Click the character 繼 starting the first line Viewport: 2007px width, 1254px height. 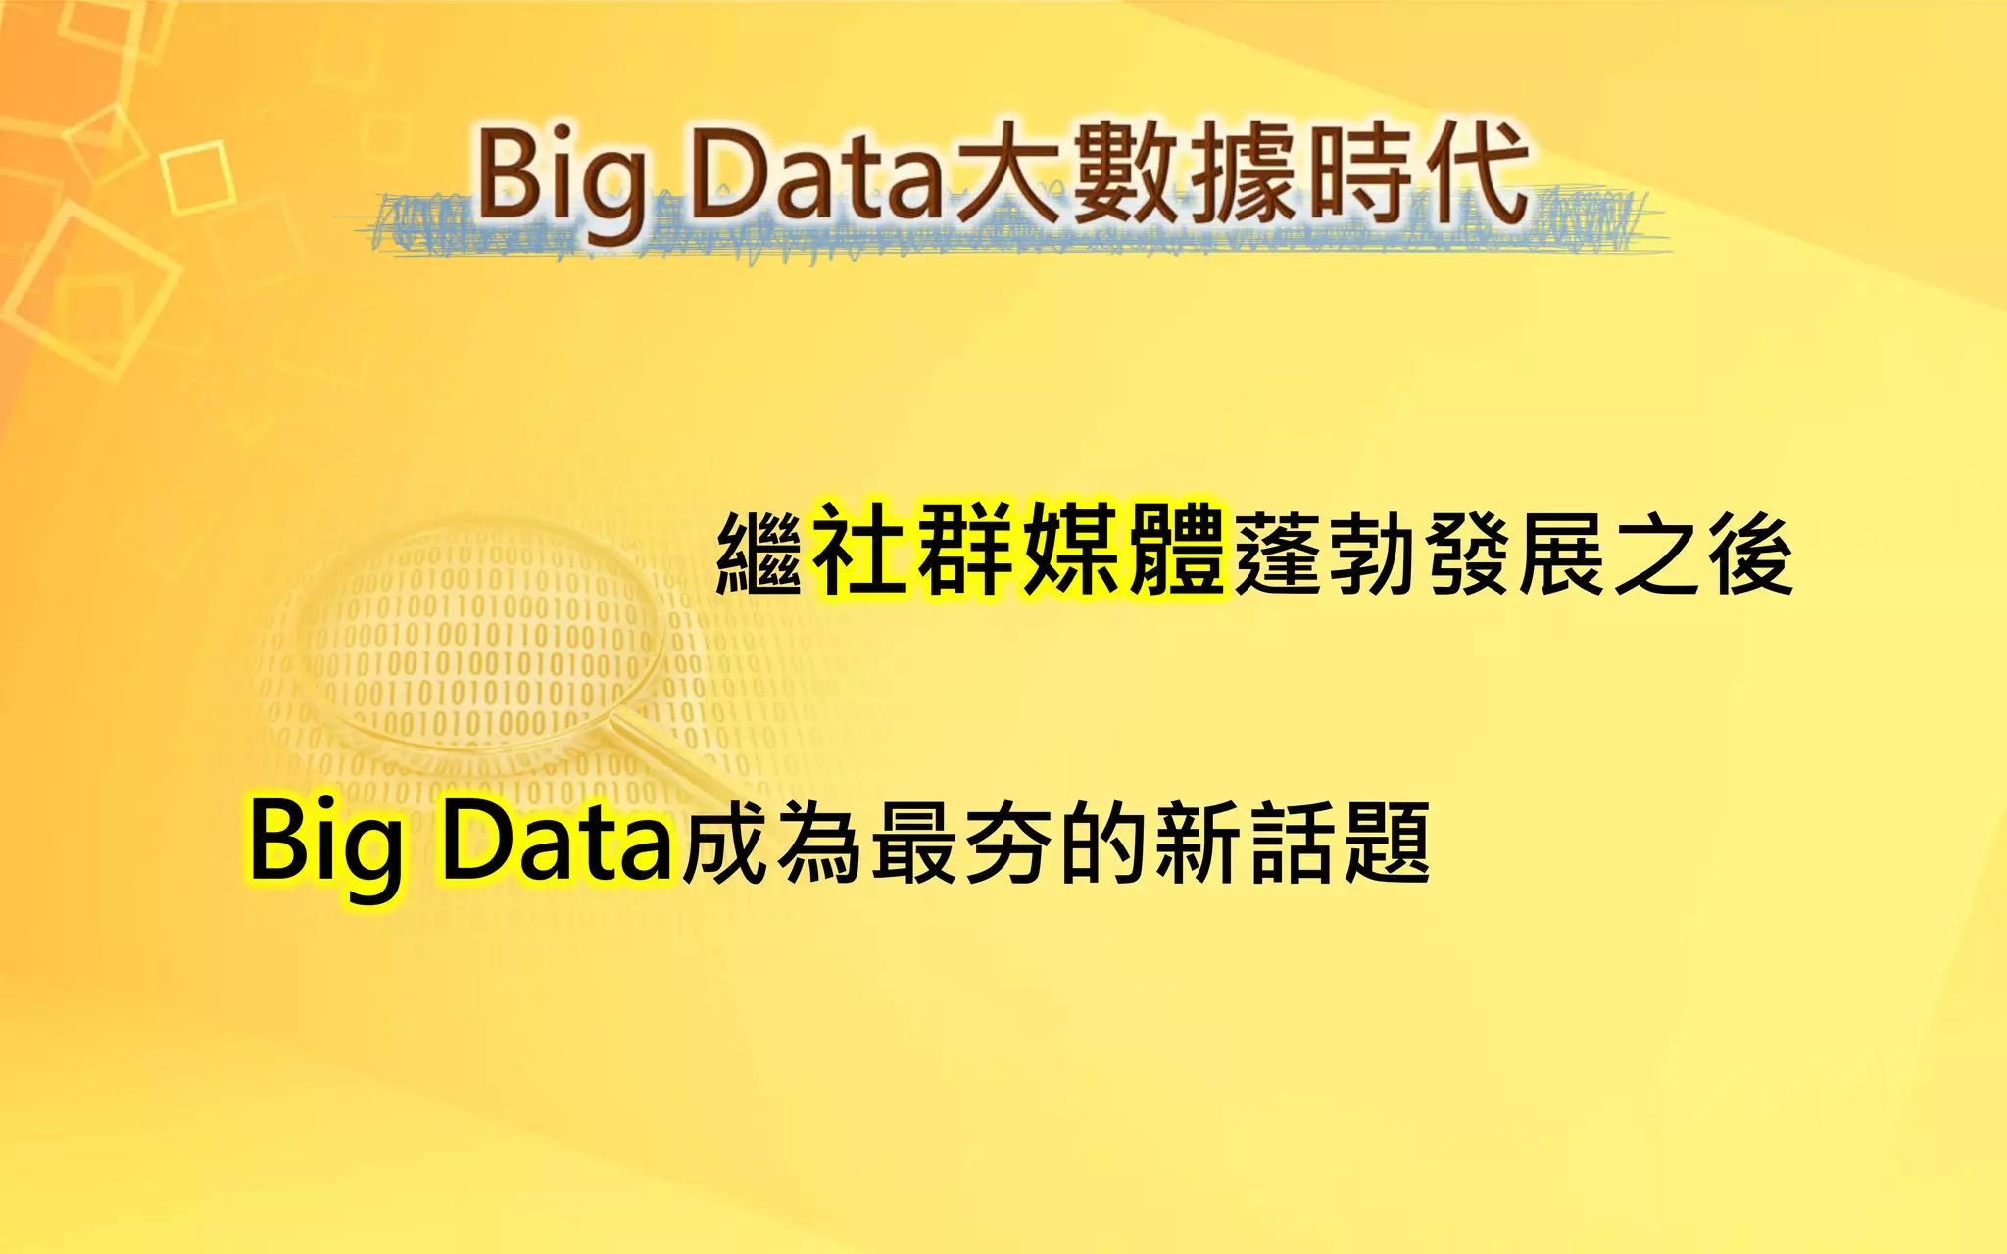click(x=759, y=555)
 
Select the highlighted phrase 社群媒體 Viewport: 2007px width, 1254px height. click(x=1019, y=550)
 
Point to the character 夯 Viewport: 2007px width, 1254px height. click(x=1009, y=843)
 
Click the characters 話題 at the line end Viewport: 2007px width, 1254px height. click(x=1339, y=843)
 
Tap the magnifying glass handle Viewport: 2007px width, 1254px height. click(x=676, y=759)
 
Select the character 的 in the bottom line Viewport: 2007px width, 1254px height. click(x=1103, y=843)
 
